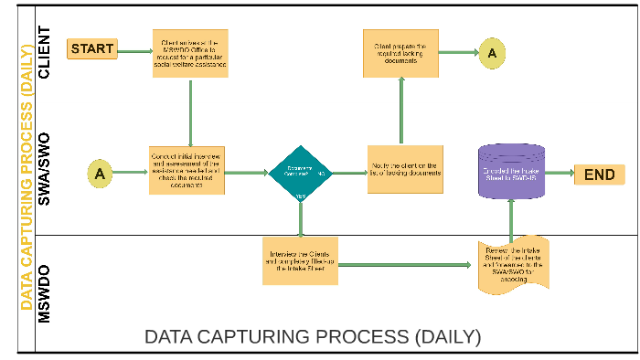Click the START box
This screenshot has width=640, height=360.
tap(92, 48)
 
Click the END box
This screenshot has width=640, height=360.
tap(599, 175)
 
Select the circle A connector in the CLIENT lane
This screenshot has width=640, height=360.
tap(491, 53)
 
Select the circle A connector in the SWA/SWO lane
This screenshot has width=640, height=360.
tap(101, 172)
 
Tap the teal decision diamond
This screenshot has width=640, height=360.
tap(300, 172)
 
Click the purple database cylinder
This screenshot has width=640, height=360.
tap(511, 171)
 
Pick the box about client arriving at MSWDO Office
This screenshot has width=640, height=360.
tap(189, 53)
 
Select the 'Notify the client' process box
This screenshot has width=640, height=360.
tap(400, 169)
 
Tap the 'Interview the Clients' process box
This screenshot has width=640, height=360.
tap(300, 260)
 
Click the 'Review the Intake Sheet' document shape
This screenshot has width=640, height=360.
tap(513, 264)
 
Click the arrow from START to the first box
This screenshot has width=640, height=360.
tap(134, 50)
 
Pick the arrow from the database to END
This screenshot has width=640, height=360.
tap(559, 175)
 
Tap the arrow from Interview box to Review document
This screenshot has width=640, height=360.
tap(408, 265)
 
